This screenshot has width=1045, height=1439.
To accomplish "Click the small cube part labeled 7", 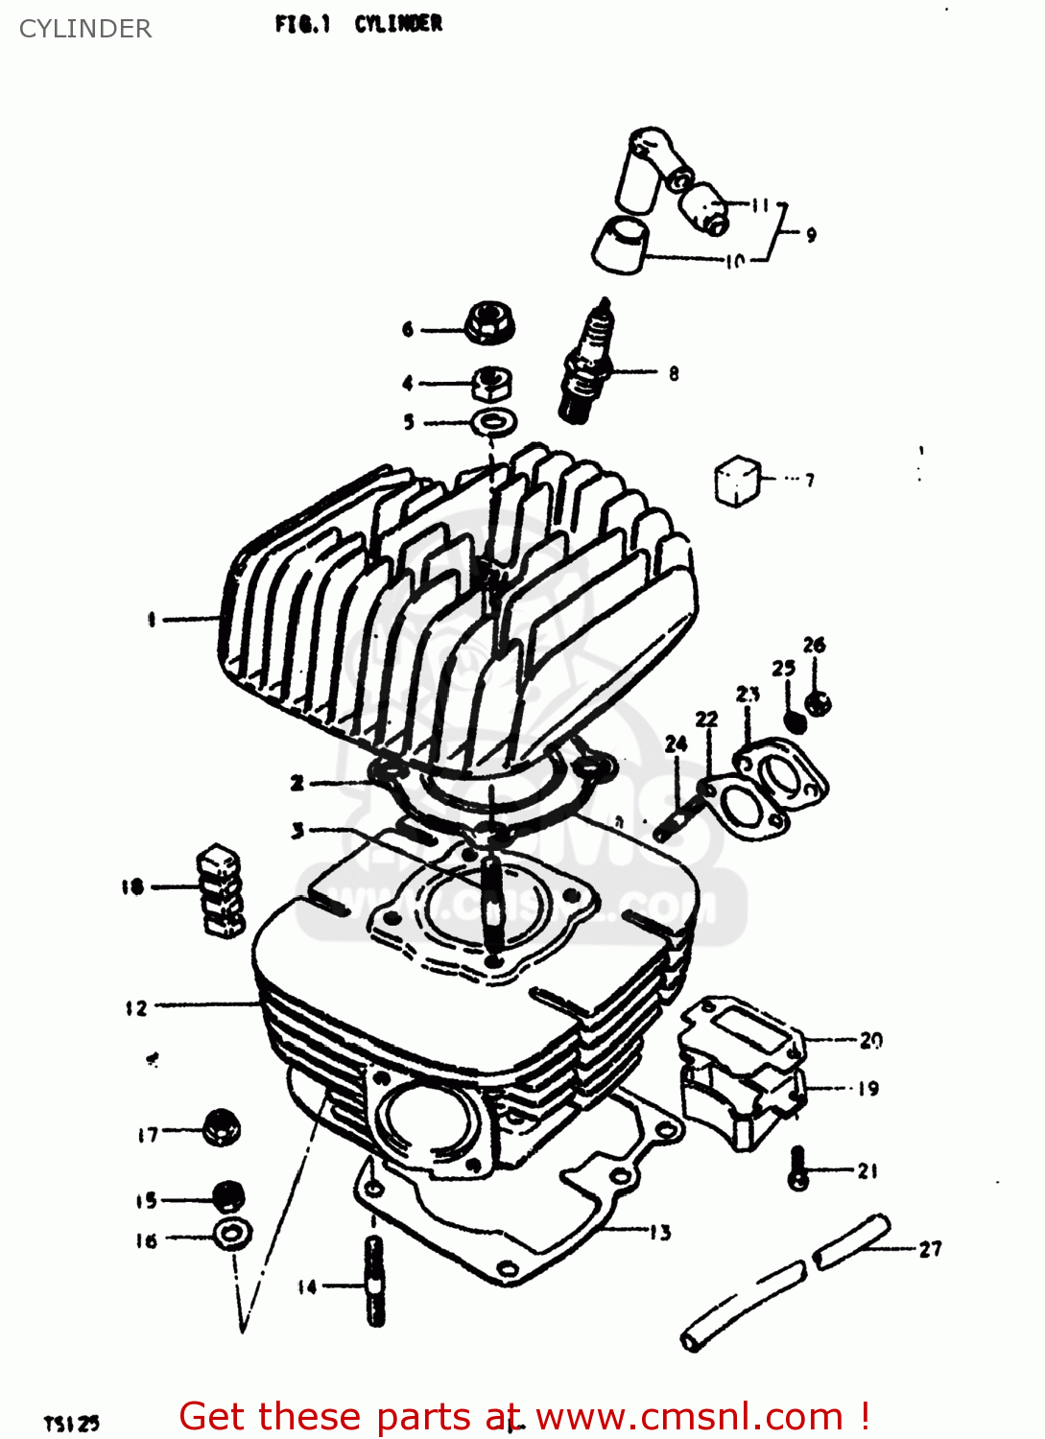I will [737, 480].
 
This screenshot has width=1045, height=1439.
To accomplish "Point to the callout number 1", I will [151, 620].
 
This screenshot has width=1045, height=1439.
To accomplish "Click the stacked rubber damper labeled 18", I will [221, 891].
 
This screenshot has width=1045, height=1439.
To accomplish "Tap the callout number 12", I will [136, 1007].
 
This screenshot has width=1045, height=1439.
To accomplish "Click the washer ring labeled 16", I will [232, 1234].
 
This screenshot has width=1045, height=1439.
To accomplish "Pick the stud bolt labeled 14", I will [374, 1280].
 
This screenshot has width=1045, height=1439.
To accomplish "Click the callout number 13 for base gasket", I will [660, 1233].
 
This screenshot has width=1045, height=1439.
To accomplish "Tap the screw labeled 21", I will [798, 1168].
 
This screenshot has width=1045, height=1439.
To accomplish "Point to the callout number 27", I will [930, 1249].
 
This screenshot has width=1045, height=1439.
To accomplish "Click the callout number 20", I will [870, 1040].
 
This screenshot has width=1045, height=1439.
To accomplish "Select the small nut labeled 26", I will [819, 703].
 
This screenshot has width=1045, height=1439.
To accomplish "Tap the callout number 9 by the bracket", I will [811, 234].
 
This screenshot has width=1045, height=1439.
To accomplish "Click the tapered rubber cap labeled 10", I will [620, 246].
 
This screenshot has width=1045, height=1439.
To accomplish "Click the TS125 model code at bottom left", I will [72, 1424].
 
